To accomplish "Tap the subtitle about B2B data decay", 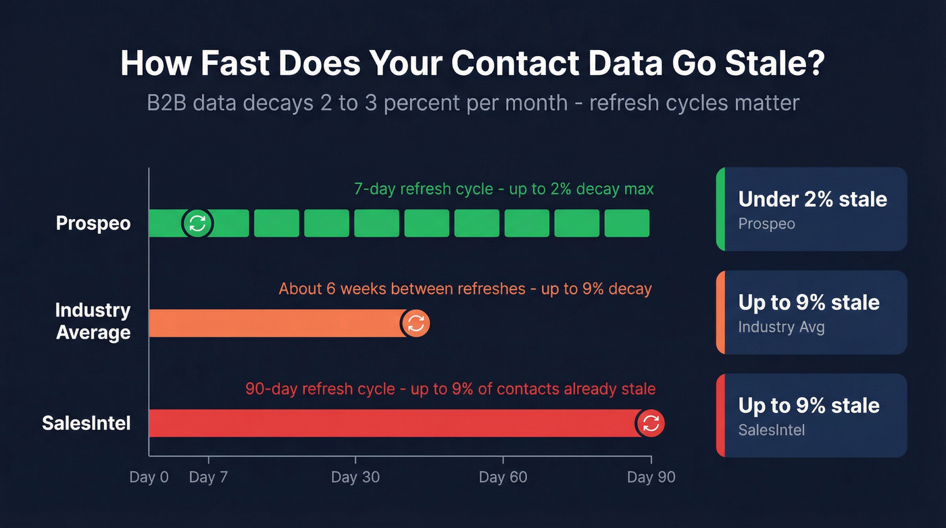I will tap(473, 103).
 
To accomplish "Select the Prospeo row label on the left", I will tap(93, 223).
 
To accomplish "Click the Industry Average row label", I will tap(93, 321).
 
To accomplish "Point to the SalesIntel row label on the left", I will tap(86, 423).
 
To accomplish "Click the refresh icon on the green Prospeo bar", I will tap(197, 223).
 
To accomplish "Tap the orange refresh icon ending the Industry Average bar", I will tap(416, 323).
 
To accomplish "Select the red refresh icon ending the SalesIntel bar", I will tap(651, 424).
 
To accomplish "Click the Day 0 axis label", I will tap(149, 477).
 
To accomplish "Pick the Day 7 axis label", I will tap(208, 477).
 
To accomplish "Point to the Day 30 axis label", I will tap(355, 477).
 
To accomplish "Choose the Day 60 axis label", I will tap(503, 477).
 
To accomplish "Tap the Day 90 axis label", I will tap(651, 477).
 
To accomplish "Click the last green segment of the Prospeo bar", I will tap(626, 223).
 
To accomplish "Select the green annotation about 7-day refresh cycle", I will tap(503, 189).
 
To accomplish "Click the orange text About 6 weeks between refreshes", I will tap(402, 289).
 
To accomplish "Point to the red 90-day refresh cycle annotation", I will tap(450, 389).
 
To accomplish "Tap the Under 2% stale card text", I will tap(812, 199).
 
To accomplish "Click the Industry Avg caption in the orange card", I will tap(781, 327).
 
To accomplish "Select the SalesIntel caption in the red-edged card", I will tap(771, 430).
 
